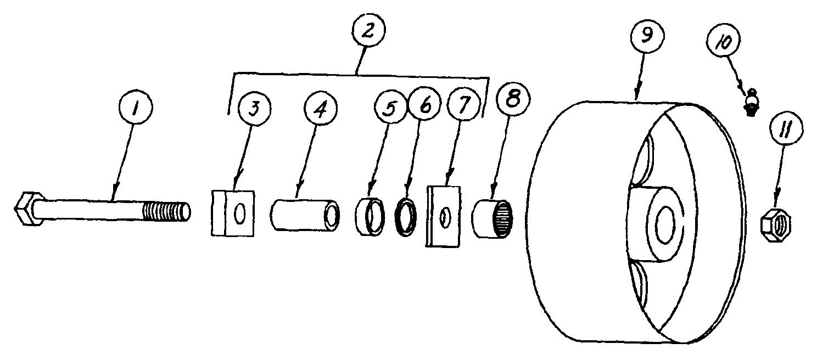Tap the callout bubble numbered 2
pos(367,31)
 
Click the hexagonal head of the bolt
pos(27,208)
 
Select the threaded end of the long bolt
pos(165,211)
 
